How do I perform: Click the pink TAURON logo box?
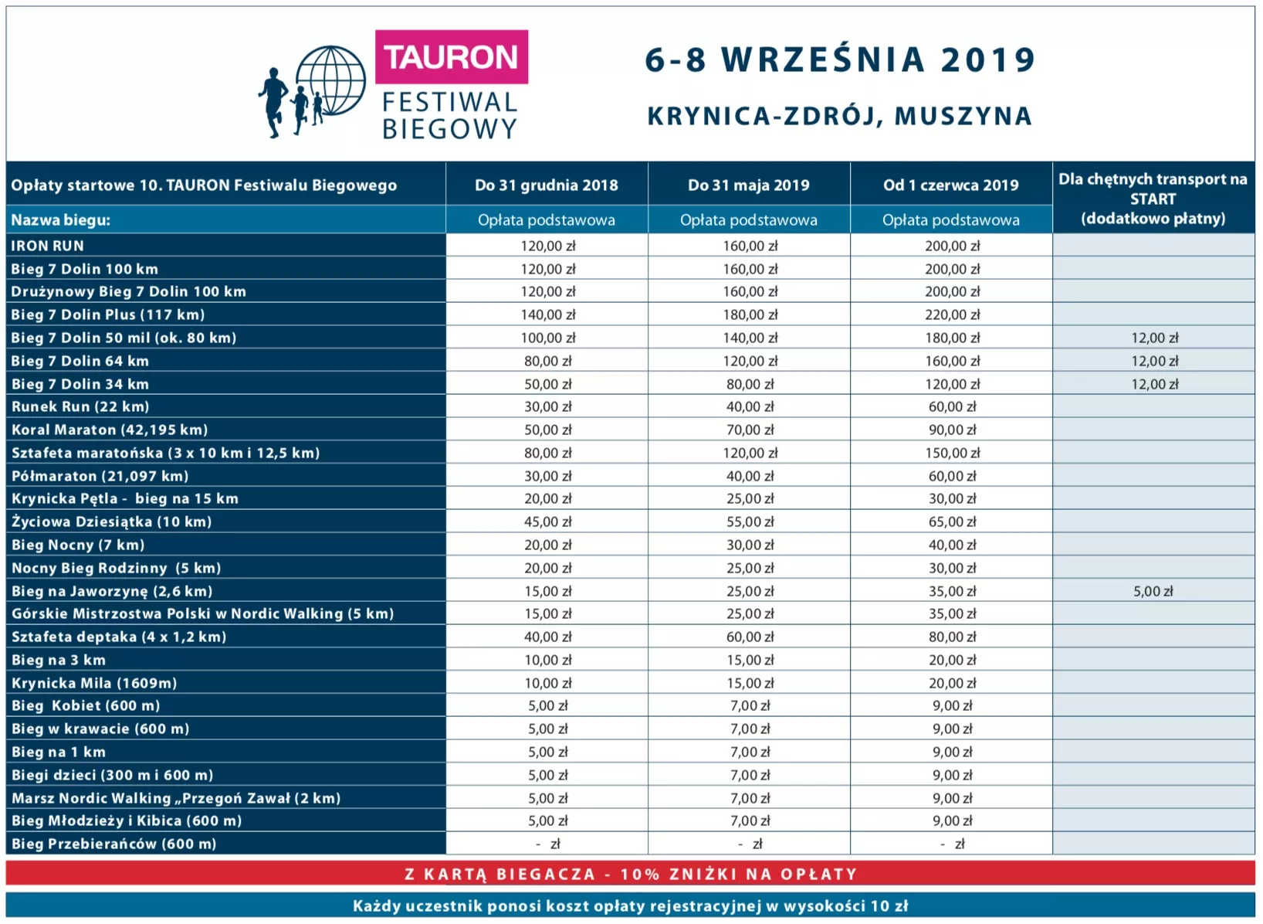pos(451,57)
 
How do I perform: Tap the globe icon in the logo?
pos(330,80)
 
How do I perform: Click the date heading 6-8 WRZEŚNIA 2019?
pos(839,59)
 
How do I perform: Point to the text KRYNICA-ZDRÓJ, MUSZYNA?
pos(839,116)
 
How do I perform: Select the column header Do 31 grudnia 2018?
pos(547,185)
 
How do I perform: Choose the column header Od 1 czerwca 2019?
pos(951,185)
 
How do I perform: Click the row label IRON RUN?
pos(48,246)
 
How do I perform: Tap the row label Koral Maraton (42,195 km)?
pos(110,430)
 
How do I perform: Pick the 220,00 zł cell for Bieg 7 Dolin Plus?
pos(952,314)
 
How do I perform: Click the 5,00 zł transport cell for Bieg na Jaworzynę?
pos(1153,591)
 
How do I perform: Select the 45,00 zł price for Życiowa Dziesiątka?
pos(547,521)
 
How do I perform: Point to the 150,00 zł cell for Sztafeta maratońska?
pos(952,453)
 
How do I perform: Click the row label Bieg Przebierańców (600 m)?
pos(113,844)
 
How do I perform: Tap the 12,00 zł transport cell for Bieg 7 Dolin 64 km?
pos(1154,361)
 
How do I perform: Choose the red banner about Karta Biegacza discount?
pos(631,874)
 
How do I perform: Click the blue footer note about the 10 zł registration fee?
pos(631,905)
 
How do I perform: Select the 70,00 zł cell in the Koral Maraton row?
pos(750,430)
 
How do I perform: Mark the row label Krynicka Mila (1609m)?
pos(94,683)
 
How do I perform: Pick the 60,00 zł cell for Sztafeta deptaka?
pos(750,637)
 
